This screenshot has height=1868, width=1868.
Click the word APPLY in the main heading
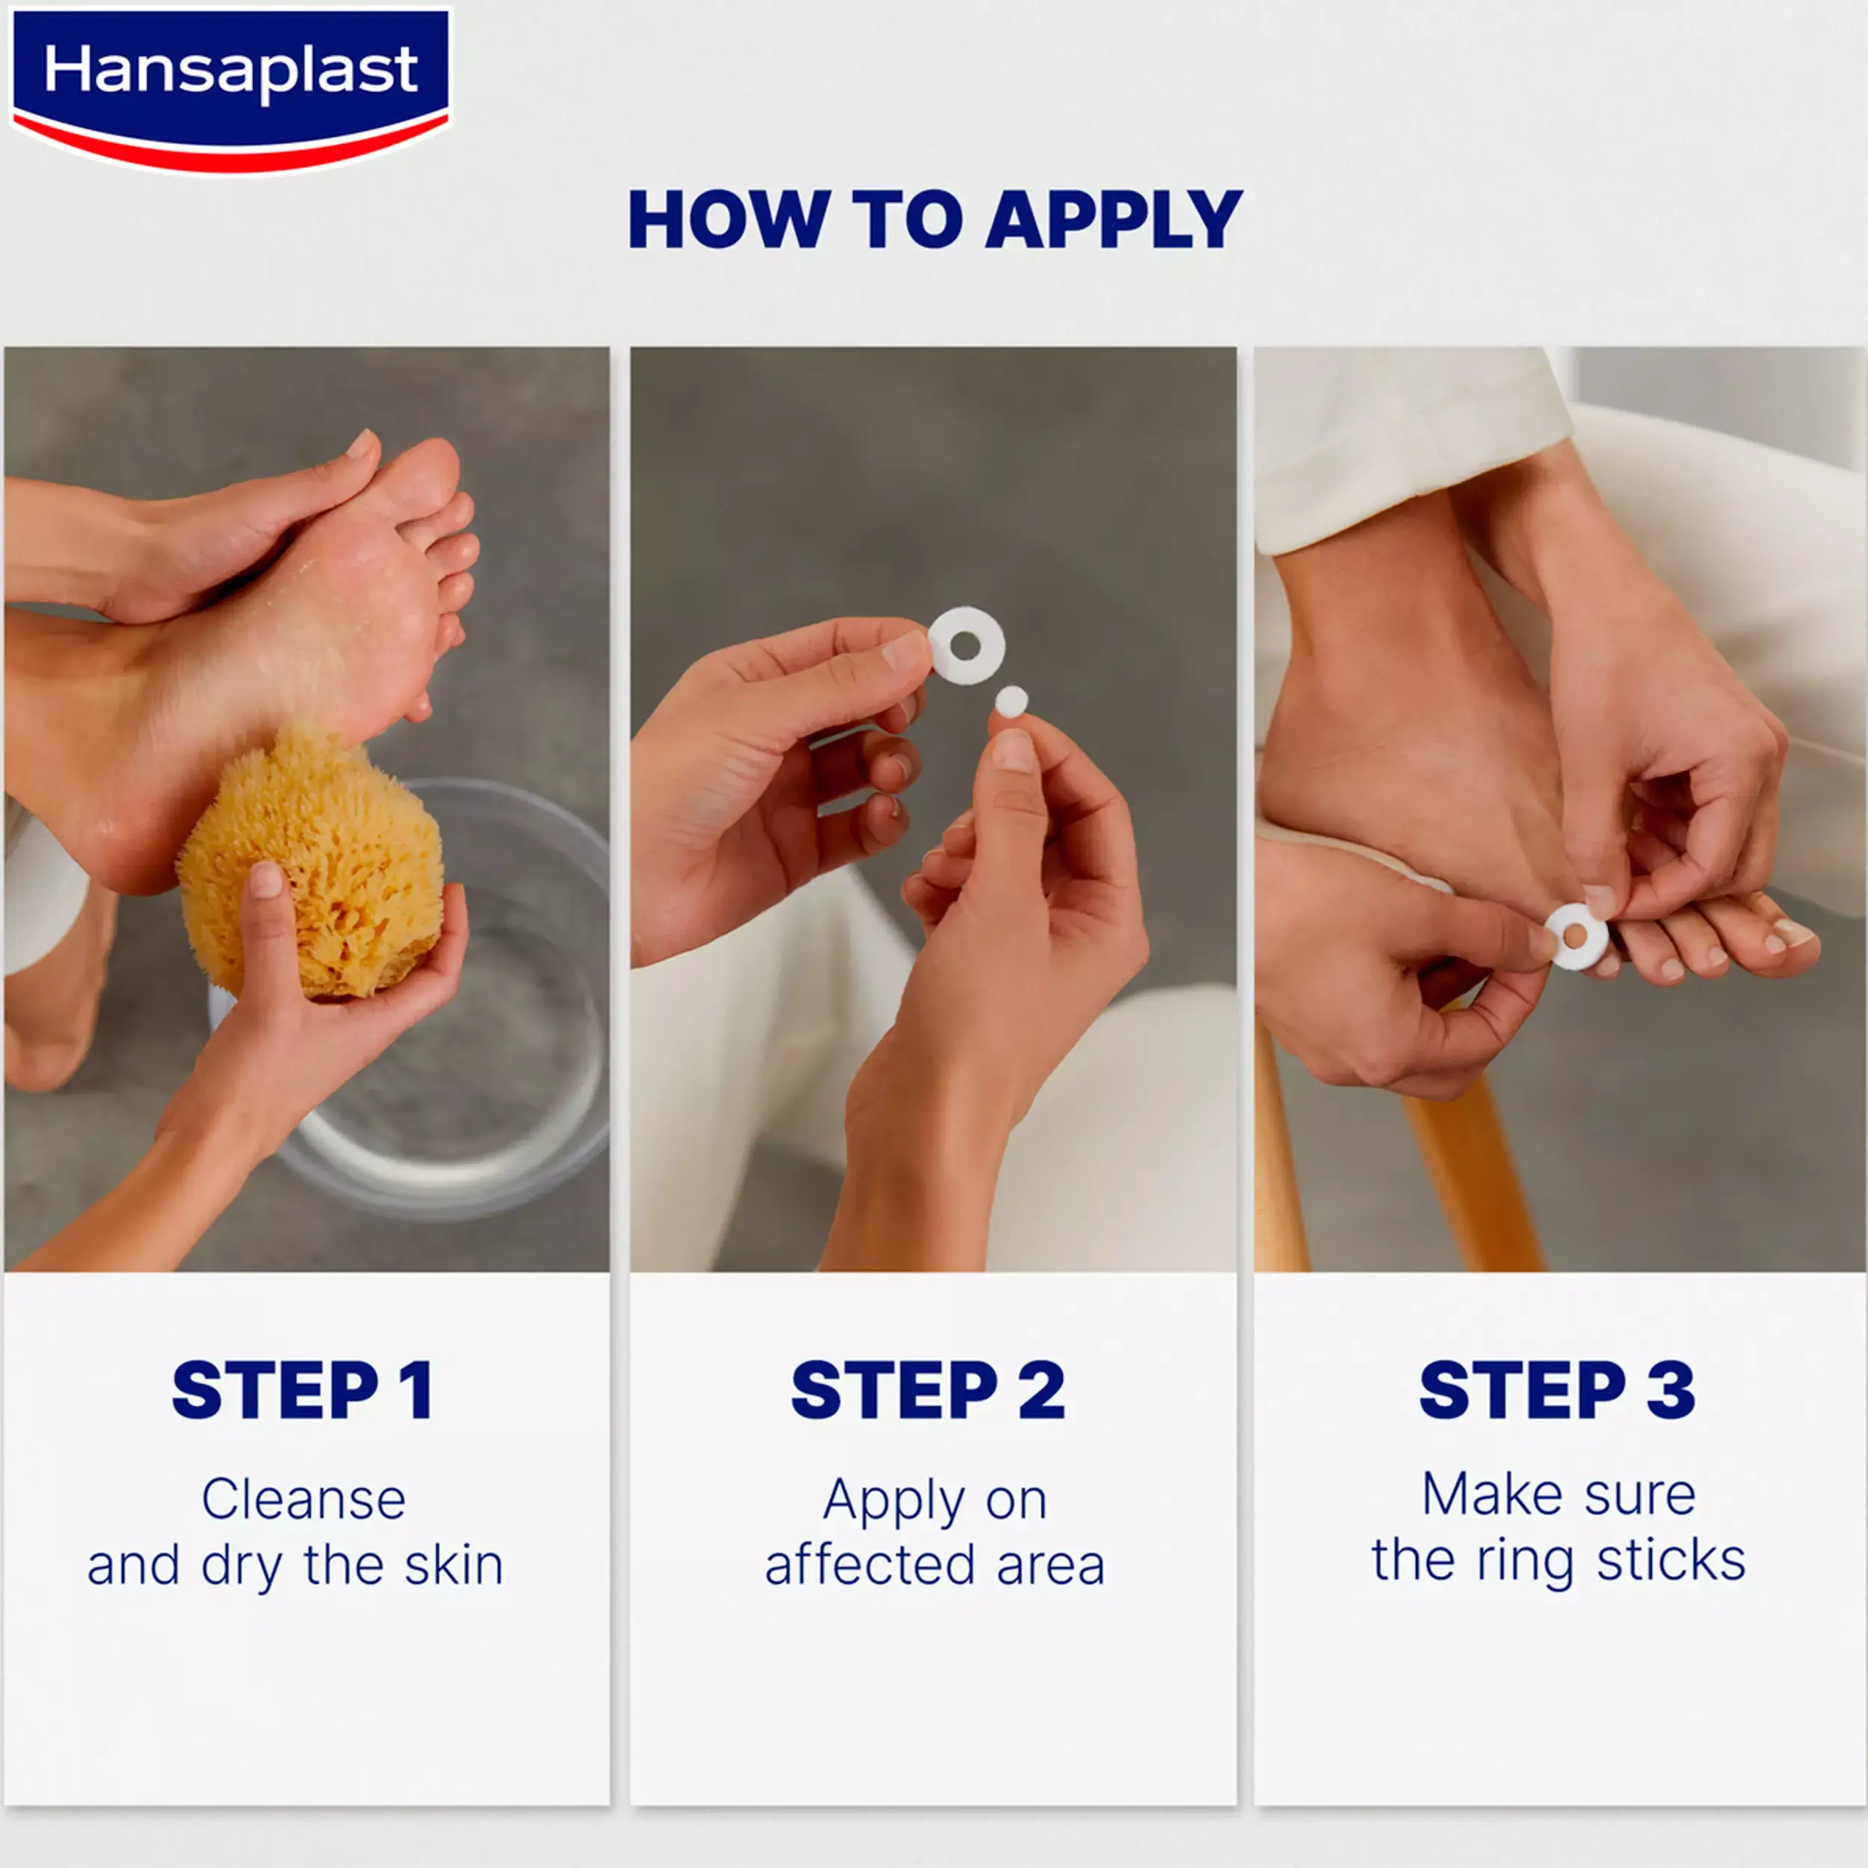[x=1114, y=220]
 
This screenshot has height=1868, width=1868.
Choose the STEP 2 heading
[x=928, y=1391]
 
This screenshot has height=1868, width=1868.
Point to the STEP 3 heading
[x=1558, y=1391]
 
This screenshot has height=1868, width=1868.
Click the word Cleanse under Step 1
[x=303, y=1500]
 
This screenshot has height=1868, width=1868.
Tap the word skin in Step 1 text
[x=454, y=1565]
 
